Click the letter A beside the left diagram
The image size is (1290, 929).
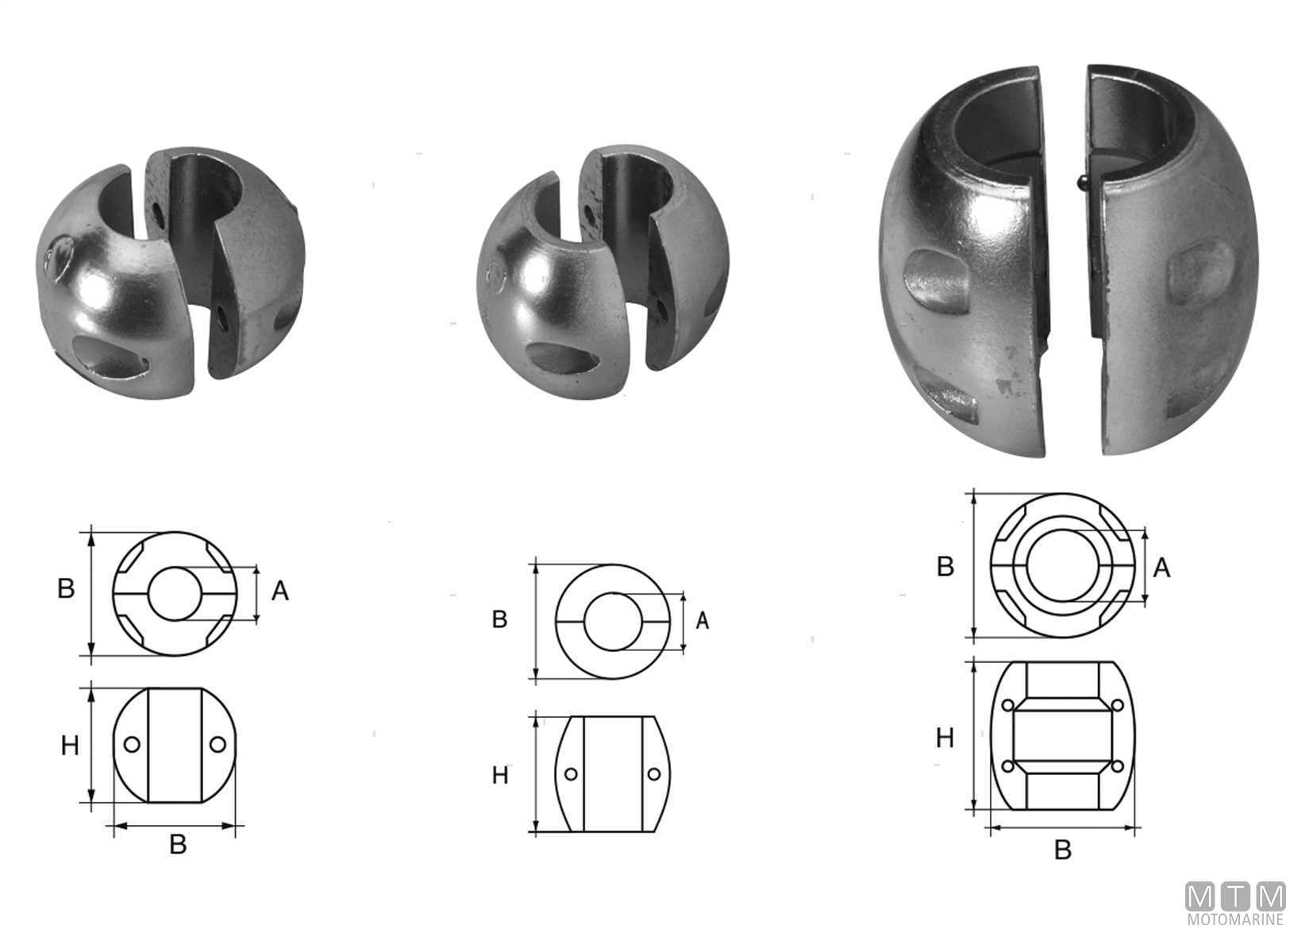pos(280,591)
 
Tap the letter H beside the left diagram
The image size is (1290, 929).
pos(70,746)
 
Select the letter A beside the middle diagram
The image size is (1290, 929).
pos(702,620)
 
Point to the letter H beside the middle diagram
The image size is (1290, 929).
pos(500,776)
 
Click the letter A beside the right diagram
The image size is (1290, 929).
pos(1161,569)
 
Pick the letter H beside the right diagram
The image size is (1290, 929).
pos(945,738)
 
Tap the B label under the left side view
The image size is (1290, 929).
pos(178,845)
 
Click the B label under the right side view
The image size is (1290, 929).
pos(1062,850)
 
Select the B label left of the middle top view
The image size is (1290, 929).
pos(499,619)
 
